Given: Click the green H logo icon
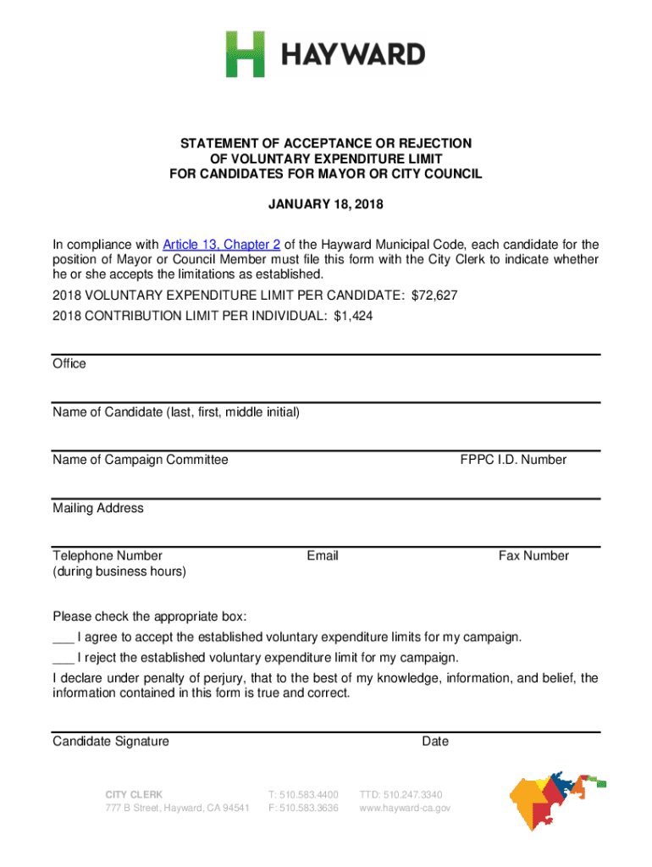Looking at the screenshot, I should tap(246, 54).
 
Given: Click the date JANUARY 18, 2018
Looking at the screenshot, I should tap(325, 205).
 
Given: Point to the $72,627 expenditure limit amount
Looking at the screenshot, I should tap(434, 296).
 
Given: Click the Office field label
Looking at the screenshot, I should tap(69, 363).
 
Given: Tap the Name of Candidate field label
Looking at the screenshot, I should tap(176, 412).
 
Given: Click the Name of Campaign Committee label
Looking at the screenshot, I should tap(141, 460).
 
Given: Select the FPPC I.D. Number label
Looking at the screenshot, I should tap(513, 460).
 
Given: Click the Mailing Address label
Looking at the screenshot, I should tap(98, 508).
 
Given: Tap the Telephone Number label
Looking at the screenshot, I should tap(108, 555).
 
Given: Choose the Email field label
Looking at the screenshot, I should tap(323, 555).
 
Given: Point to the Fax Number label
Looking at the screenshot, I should tap(533, 555).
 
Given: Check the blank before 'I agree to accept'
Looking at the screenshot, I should tap(63, 637).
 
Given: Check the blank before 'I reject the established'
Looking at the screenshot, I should tap(63, 658).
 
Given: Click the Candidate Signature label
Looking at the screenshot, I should tap(111, 742).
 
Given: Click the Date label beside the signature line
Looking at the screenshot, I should tap(435, 742).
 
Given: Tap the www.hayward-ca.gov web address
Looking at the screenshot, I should tap(405, 809).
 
